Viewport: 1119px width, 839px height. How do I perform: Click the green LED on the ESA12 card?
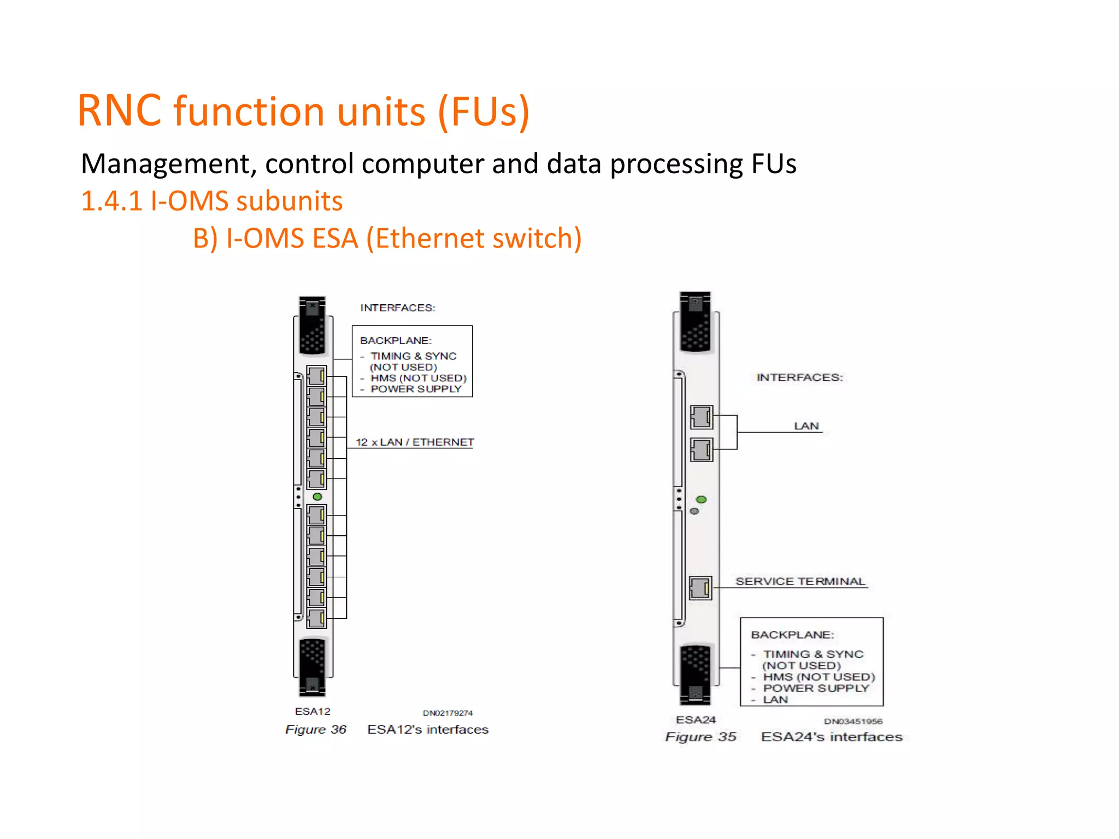(317, 497)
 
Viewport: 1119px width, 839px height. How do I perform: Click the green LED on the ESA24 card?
(702, 499)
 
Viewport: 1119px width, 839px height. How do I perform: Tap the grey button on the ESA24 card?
(694, 511)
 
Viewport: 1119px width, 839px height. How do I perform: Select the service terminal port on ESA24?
(700, 588)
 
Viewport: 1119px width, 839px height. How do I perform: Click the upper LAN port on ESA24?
(702, 418)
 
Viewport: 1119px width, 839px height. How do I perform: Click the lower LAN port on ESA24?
(702, 450)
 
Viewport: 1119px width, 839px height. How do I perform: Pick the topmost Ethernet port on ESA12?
(316, 376)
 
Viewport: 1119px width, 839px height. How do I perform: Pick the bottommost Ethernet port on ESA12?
(316, 618)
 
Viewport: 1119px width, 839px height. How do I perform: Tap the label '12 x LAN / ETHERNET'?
(415, 442)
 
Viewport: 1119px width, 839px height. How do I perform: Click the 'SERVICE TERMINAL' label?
(800, 581)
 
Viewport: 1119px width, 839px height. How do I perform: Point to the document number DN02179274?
(447, 713)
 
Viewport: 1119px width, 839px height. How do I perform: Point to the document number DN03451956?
(853, 721)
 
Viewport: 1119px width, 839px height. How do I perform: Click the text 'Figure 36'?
(316, 729)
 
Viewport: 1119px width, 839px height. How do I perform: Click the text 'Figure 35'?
(700, 737)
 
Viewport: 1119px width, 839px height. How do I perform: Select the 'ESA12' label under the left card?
(313, 711)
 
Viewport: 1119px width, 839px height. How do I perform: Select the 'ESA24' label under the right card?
(696, 719)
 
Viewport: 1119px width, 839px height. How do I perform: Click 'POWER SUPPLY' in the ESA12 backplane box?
(416, 389)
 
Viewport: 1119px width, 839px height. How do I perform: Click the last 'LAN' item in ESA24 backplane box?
(775, 700)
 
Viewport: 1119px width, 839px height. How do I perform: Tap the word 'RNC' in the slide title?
(119, 111)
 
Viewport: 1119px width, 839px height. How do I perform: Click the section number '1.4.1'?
(111, 201)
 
